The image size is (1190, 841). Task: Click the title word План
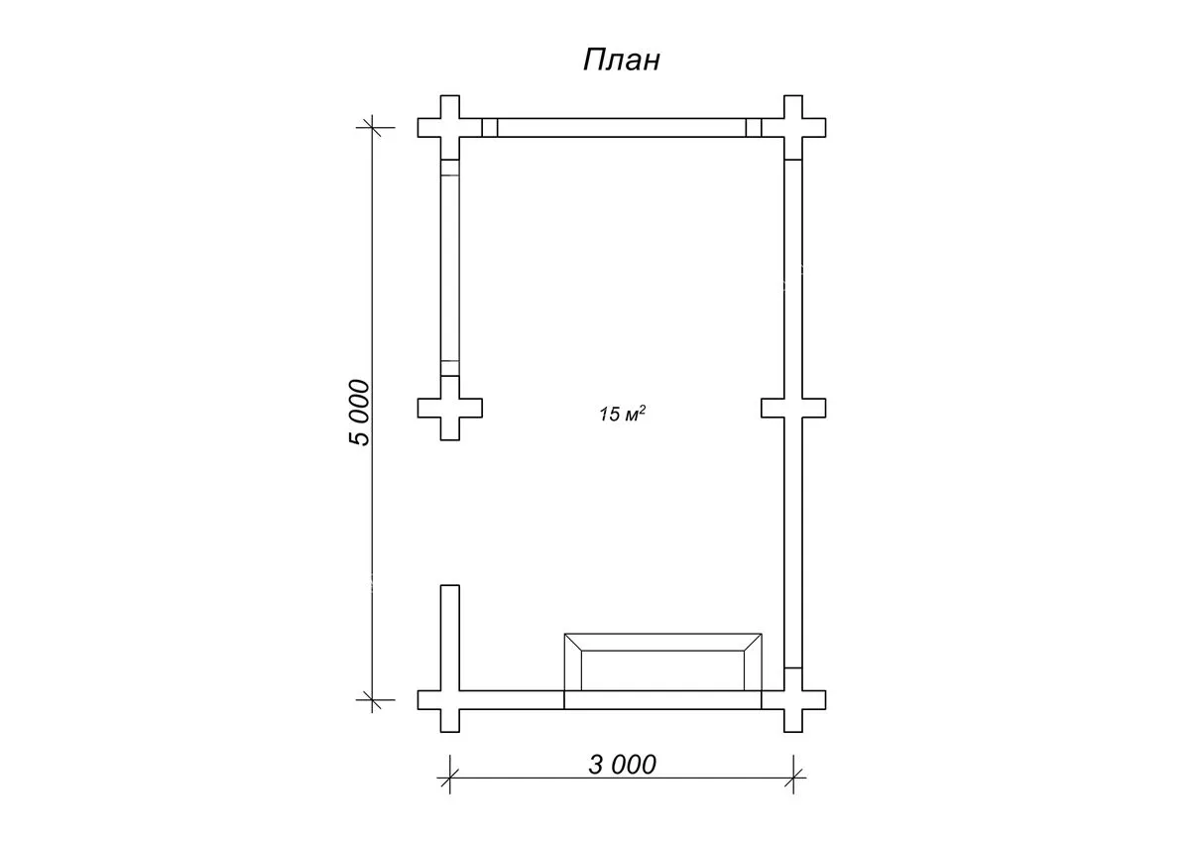click(x=622, y=60)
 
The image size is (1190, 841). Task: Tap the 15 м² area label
click(x=622, y=414)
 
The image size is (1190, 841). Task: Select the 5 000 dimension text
click(x=360, y=413)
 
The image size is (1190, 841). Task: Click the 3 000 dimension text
click(x=622, y=765)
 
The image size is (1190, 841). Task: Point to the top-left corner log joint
click(x=450, y=128)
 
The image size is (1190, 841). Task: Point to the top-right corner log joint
click(x=793, y=128)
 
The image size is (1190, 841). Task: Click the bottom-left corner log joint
click(x=450, y=700)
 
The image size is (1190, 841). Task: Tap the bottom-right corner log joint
click(x=793, y=700)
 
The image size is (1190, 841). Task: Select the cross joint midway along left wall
click(x=450, y=408)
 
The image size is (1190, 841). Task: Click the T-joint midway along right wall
click(x=793, y=408)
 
